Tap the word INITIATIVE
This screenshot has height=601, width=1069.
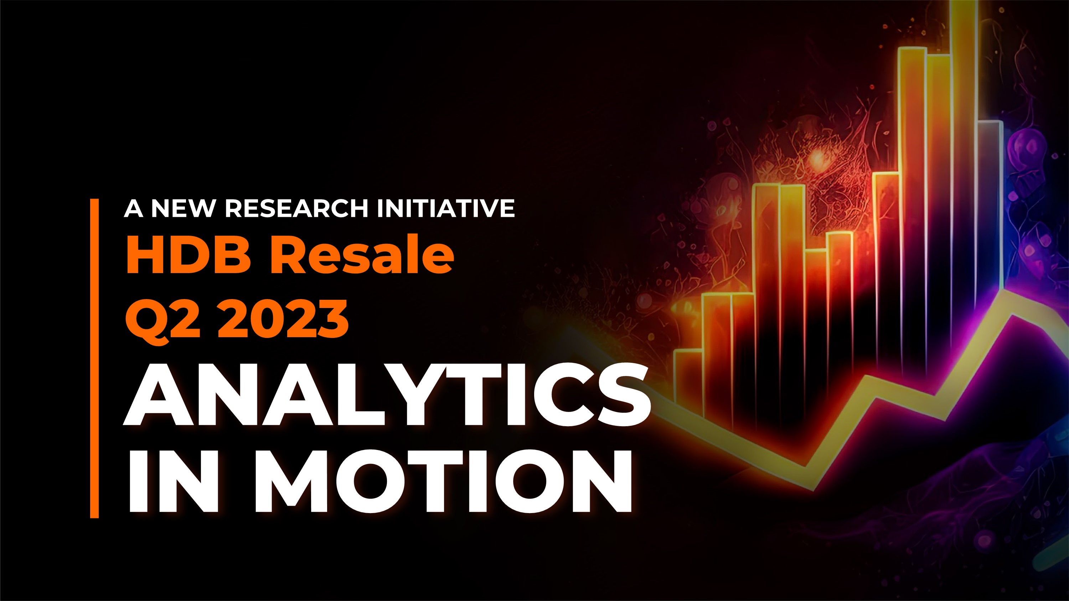pyautogui.click(x=446, y=208)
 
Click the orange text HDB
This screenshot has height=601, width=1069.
pyautogui.click(x=189, y=254)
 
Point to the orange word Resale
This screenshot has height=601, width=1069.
pyautogui.click(x=362, y=254)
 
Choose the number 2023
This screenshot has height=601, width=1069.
pyautogui.click(x=283, y=319)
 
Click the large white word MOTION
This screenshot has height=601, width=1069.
pyautogui.click(x=444, y=481)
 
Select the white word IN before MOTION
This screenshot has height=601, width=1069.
pyautogui.click(x=174, y=481)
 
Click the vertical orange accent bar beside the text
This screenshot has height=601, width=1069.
pyautogui.click(x=95, y=359)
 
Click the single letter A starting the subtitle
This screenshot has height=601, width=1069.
pyautogui.click(x=134, y=208)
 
